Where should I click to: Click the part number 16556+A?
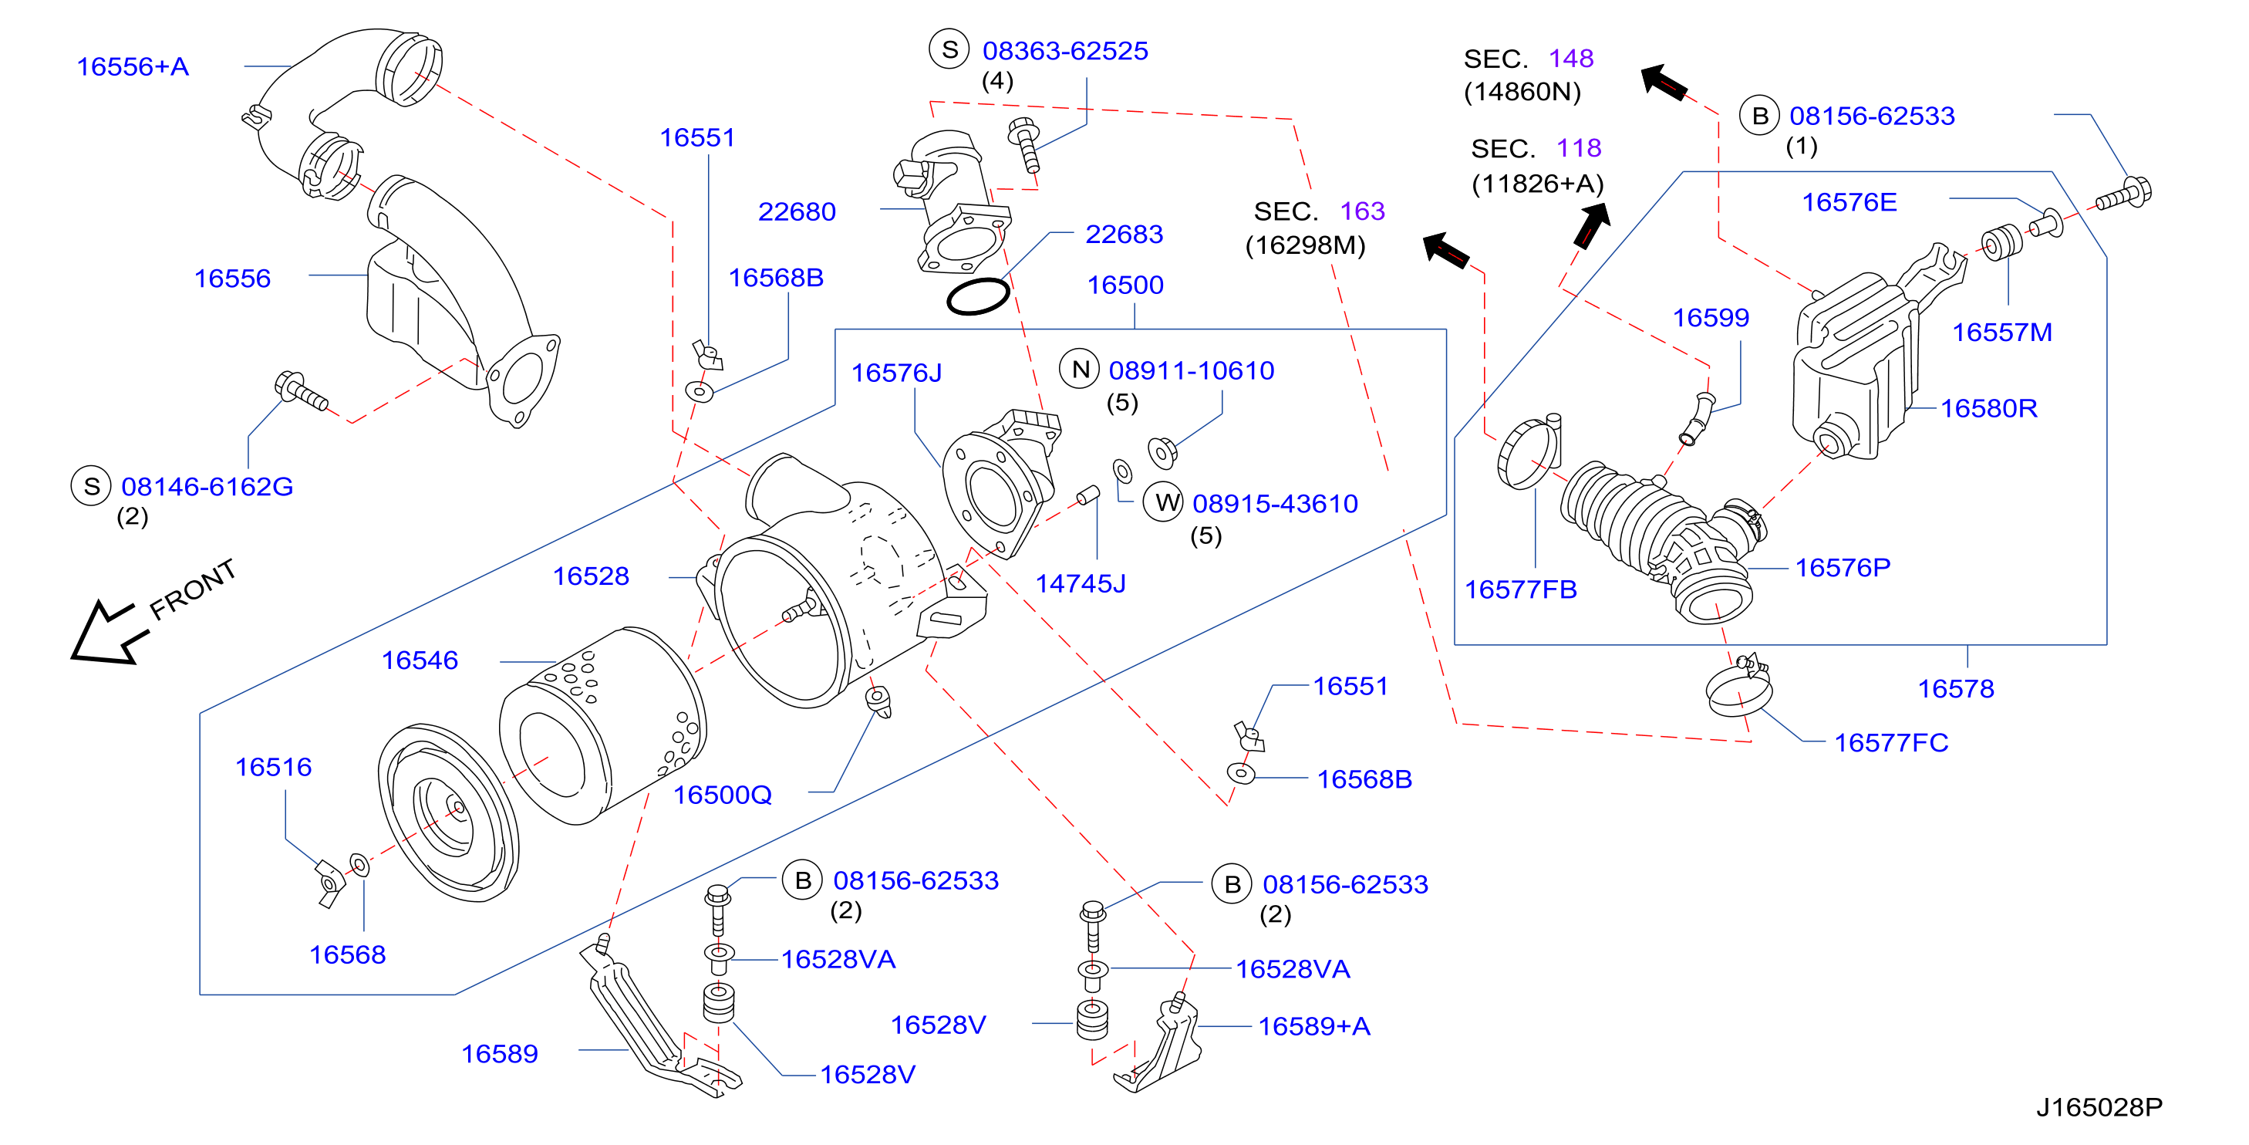coord(133,66)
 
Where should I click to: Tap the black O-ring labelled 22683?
coord(978,296)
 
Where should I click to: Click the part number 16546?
coord(419,660)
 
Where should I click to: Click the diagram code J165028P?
coord(2099,1106)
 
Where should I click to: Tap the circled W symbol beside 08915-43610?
coord(1164,502)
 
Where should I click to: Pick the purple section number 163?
coord(1362,211)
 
